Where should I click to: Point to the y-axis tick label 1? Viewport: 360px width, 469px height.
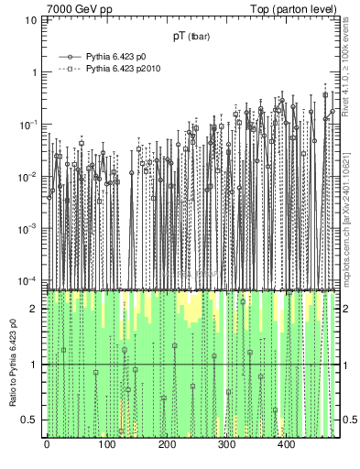click(x=38, y=72)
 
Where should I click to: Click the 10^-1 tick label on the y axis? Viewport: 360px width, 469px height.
click(x=33, y=124)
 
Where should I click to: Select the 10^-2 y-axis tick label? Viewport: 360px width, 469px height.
click(x=33, y=176)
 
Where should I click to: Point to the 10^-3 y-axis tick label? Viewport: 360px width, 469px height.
click(x=33, y=228)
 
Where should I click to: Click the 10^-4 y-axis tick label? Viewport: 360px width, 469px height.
click(x=33, y=279)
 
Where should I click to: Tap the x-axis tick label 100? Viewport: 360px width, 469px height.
click(x=106, y=445)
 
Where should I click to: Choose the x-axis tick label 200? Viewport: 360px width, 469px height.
click(x=166, y=445)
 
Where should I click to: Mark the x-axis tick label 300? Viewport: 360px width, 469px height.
click(x=226, y=445)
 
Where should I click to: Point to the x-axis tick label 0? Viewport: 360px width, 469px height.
click(x=47, y=445)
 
